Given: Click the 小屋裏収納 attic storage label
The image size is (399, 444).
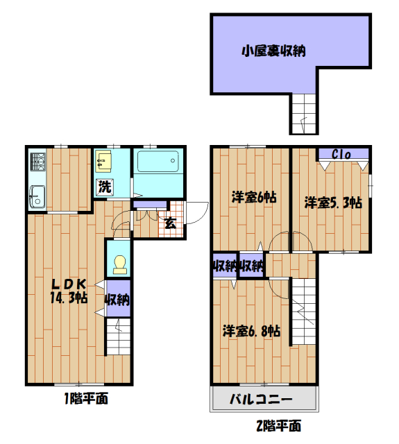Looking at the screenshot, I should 274,51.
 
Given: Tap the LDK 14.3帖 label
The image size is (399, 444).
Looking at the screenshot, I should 67,291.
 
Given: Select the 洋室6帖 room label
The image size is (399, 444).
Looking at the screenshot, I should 254,197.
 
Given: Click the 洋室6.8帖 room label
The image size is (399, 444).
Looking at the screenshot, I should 252,330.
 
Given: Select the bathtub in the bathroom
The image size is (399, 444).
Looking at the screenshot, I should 159,164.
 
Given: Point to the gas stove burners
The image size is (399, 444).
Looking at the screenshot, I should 37,164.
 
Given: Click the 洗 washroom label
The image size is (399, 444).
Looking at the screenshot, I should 104,186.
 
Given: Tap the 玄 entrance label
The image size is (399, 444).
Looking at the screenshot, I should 170,223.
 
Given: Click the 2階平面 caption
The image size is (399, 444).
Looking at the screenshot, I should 276,425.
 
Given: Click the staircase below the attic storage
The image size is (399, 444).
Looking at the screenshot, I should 304,113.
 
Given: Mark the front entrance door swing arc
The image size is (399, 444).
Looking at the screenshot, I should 199,209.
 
